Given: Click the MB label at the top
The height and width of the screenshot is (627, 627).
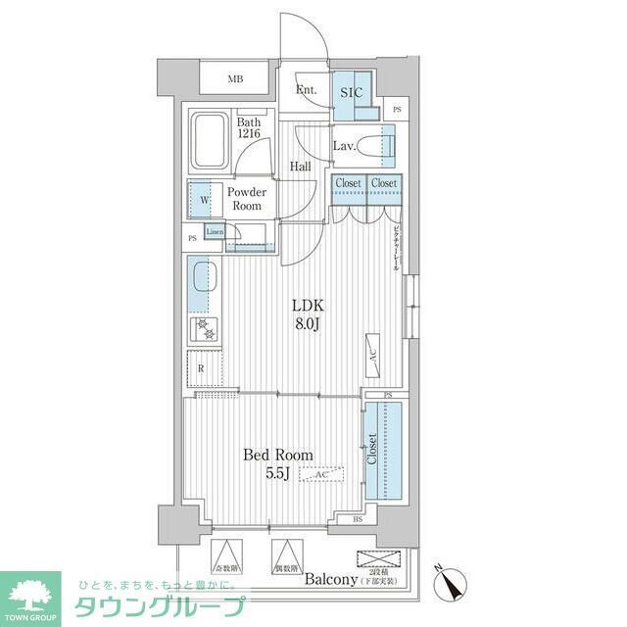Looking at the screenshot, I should point(236,78).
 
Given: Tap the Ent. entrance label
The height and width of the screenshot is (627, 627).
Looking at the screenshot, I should point(306,91).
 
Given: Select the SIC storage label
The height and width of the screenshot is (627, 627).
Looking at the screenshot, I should point(351,92).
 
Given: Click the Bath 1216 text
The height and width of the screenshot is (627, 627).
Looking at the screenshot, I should point(249,127).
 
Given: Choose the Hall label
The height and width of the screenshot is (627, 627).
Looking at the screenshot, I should point(301,166).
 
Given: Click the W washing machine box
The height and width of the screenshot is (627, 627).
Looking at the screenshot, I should point(204,200).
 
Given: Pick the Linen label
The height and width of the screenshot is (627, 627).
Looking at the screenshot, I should point(216,232).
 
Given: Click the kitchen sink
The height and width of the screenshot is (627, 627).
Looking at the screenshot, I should point(202,277).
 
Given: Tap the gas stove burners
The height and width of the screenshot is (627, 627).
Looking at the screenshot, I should point(206,329).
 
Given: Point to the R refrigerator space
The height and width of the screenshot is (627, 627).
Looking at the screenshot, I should point(202,368).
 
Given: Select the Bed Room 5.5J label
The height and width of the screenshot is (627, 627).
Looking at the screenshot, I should point(278,462).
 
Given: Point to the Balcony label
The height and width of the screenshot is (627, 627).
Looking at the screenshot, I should point(329,580).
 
